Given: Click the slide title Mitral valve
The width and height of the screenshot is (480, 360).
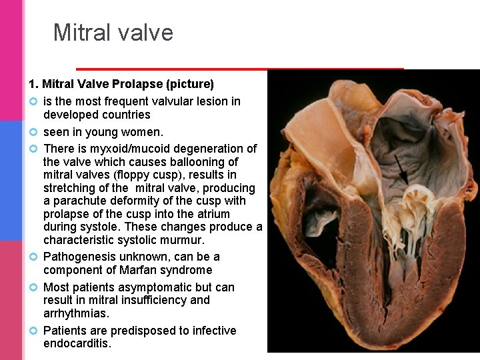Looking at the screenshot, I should coord(113,33).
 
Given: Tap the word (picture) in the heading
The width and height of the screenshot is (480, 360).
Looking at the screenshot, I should coord(192,84).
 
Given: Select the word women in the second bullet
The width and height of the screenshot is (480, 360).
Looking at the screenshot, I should coord(143,132).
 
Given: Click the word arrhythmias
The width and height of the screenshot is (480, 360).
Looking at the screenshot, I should coord(76,313).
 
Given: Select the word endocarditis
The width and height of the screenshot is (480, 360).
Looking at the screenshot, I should coord(77,343).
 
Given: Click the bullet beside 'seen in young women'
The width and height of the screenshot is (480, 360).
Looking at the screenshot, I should coord(33,132).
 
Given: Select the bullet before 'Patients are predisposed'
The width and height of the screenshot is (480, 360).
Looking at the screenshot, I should coord(33,331).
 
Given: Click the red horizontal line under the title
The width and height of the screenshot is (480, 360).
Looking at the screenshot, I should coord(240,69).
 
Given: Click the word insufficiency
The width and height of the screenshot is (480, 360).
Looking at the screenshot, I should coord(150,300).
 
